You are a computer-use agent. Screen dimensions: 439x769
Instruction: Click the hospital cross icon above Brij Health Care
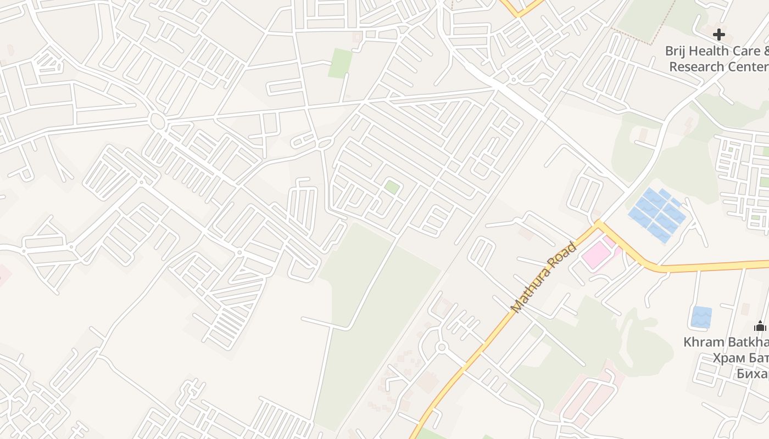tap(718, 35)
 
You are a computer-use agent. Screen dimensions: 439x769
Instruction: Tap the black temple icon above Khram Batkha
tap(760, 326)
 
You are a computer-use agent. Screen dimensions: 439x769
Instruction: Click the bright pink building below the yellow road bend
tap(596, 256)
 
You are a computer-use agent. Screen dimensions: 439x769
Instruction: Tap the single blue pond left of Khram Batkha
tap(701, 317)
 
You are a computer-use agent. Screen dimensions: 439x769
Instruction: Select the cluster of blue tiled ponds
tap(657, 215)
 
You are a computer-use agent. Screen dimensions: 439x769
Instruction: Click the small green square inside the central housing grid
tap(392, 187)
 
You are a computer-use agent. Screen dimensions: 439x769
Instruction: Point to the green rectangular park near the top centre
tap(341, 63)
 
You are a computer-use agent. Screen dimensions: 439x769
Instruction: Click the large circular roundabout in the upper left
tap(158, 121)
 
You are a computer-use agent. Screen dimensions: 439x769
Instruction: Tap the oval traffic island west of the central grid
tap(325, 144)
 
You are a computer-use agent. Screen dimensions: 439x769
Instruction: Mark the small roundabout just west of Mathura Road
tap(441, 347)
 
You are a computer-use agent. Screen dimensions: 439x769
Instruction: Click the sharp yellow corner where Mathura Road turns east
tap(598, 223)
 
